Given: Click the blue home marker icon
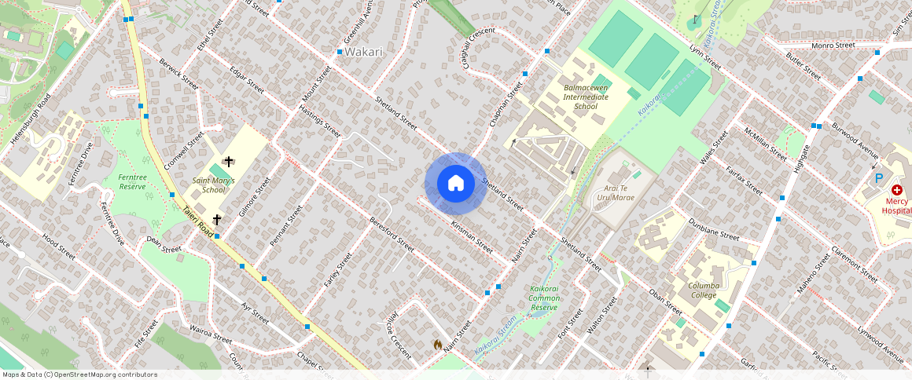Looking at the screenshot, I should (x=455, y=184).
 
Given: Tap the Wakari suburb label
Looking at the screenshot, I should (x=364, y=52).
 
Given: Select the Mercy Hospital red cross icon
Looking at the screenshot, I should (x=896, y=190).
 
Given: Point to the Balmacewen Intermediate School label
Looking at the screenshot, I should (x=586, y=97).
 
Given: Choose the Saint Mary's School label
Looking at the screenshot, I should (x=214, y=185).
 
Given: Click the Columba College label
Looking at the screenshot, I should (x=704, y=290).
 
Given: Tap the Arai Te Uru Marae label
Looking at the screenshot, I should (x=620, y=193).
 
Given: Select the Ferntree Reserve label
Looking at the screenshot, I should (x=132, y=182).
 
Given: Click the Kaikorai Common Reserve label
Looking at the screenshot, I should (x=544, y=298).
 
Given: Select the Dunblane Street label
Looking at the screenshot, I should (x=714, y=230).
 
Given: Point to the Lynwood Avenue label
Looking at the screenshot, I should (x=881, y=339).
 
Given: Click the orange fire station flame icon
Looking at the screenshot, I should (x=437, y=344).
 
